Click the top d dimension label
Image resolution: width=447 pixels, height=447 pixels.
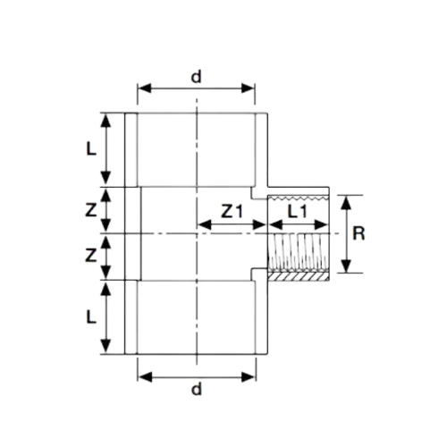click(196, 77)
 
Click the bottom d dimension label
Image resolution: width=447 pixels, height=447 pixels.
click(197, 389)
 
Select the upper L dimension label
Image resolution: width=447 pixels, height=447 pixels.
click(91, 148)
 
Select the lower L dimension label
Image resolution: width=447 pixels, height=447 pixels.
click(91, 316)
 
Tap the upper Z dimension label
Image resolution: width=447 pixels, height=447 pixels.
click(91, 210)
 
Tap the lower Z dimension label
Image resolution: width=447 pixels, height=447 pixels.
click(91, 256)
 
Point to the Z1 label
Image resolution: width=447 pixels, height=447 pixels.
click(232, 212)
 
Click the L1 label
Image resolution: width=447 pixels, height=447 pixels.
click(297, 212)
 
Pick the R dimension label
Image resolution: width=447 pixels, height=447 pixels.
click(358, 233)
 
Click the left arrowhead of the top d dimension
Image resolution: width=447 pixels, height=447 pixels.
click(145, 89)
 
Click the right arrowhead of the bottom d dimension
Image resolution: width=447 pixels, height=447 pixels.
click(249, 377)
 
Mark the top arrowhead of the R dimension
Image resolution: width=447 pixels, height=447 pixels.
click(346, 203)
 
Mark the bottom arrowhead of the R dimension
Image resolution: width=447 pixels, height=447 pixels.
click(346, 266)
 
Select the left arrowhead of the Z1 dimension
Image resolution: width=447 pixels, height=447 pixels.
click(205, 224)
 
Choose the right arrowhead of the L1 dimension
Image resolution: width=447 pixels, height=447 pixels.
click(321, 224)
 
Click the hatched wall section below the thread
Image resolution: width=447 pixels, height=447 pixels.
click(298, 277)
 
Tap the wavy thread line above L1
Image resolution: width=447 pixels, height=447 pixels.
click(298, 198)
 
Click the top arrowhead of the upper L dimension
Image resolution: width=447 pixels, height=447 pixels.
click(105, 121)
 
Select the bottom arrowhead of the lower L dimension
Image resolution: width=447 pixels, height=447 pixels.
click(105, 347)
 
